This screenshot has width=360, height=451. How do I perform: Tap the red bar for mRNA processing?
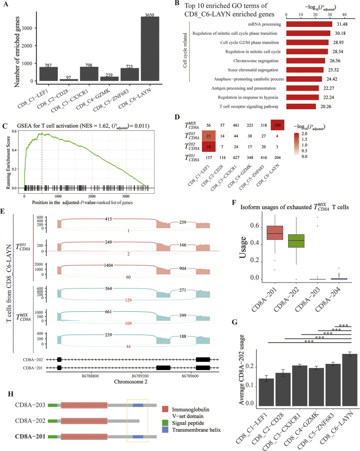(x=309, y=24)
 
